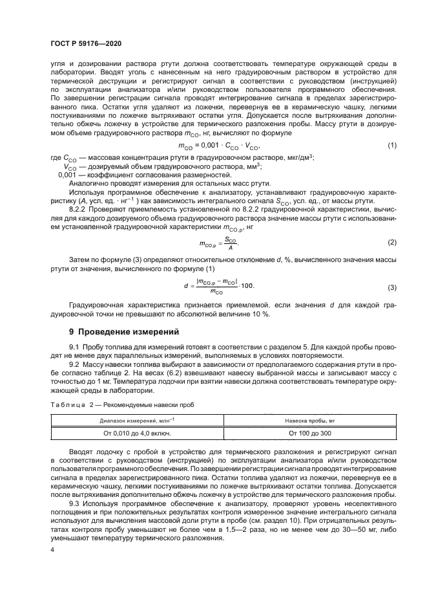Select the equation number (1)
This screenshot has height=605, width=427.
coord(391,146)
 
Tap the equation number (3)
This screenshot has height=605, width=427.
coord(391,287)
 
